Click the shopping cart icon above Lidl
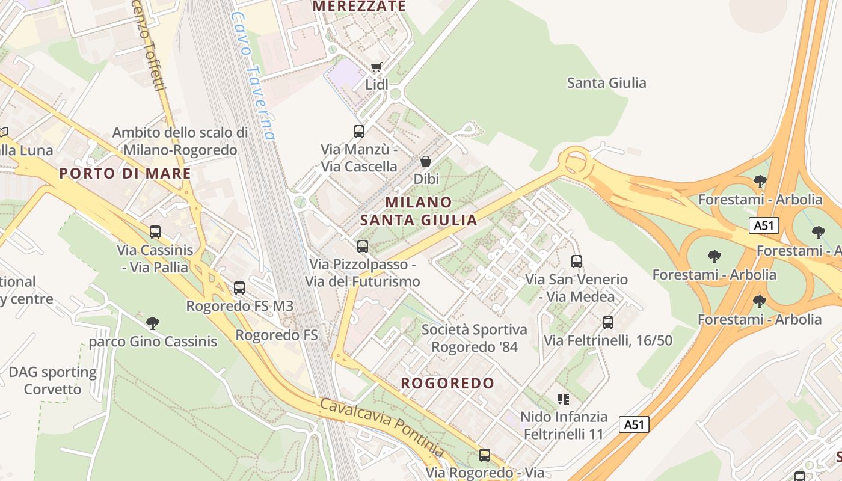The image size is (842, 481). [376, 67]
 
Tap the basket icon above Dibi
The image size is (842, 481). [426, 161]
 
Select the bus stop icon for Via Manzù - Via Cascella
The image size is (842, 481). [359, 131]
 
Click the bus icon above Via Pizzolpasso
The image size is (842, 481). [362, 246]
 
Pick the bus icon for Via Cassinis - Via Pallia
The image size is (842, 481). [155, 231]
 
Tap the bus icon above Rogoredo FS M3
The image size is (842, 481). [239, 287]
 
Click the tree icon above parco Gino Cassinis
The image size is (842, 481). [153, 323]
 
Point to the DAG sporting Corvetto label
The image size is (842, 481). [52, 381]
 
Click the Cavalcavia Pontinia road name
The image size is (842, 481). [382, 427]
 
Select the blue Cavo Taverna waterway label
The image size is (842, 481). [253, 77]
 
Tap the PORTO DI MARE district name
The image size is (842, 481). [125, 174]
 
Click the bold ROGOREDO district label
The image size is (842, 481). [447, 383]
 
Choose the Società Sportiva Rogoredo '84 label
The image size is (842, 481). [474, 338]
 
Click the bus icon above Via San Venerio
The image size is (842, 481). [577, 262]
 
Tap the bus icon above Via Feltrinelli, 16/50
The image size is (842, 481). [608, 323]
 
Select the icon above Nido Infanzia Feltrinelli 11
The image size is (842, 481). [564, 399]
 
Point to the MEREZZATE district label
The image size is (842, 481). [360, 7]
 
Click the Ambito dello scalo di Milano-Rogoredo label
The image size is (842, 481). [180, 141]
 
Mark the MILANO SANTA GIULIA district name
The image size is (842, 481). [419, 211]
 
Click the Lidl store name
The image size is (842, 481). [377, 85]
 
